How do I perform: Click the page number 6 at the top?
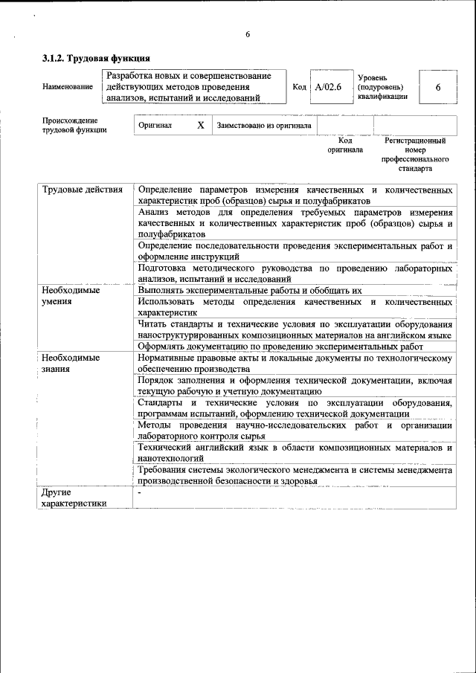tap(248, 35)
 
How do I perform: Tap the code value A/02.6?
tap(328, 87)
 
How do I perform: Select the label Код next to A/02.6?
tap(300, 87)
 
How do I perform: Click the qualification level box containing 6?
tap(438, 87)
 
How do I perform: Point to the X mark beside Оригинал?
tap(201, 126)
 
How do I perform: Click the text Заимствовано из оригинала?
tap(264, 126)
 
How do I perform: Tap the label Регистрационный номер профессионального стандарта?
tap(415, 154)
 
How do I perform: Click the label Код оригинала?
tap(345, 145)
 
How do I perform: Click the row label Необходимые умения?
tap(71, 296)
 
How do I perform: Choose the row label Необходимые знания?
tap(71, 363)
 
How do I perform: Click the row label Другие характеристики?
tap(74, 497)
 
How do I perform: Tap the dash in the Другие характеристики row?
tap(139, 492)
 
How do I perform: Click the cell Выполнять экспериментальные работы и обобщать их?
tap(250, 291)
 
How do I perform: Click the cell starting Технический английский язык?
tap(295, 453)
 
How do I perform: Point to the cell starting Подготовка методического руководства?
tap(295, 273)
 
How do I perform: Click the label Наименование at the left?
tap(68, 87)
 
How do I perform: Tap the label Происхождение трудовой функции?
tap(74, 125)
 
